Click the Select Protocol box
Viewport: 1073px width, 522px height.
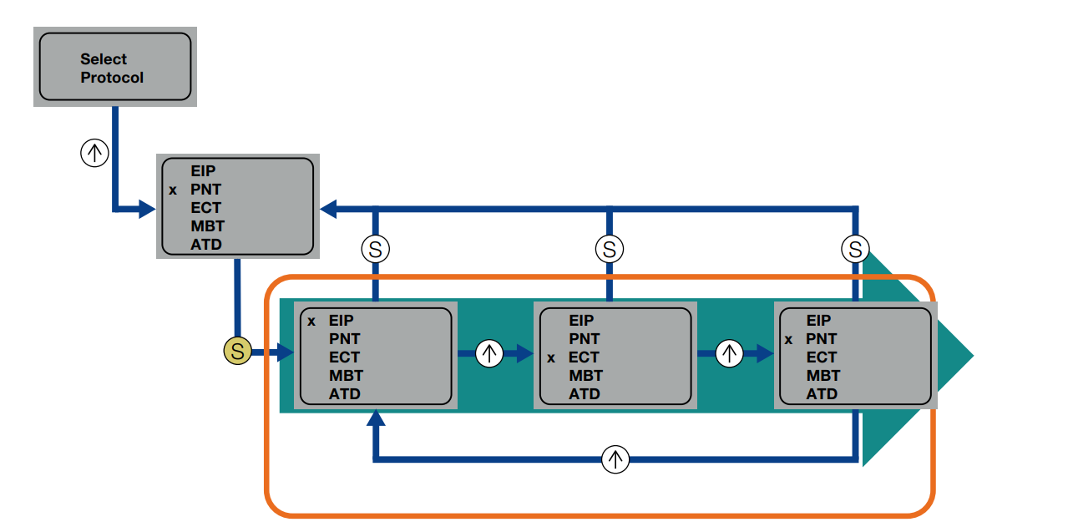pyautogui.click(x=114, y=67)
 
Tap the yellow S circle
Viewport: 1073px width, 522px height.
pyautogui.click(x=237, y=352)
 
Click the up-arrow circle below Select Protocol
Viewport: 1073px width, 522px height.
pyautogui.click(x=94, y=153)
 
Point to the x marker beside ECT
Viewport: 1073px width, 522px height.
pyautogui.click(x=550, y=357)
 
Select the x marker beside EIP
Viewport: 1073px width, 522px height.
pyautogui.click(x=311, y=321)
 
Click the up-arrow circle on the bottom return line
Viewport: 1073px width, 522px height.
pyautogui.click(x=615, y=459)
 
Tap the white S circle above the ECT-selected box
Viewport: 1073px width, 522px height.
pyautogui.click(x=609, y=249)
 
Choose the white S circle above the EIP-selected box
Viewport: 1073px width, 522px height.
pyautogui.click(x=376, y=249)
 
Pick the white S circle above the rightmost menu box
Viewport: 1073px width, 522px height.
pyautogui.click(x=854, y=249)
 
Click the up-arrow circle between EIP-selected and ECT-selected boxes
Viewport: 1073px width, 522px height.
pyautogui.click(x=489, y=353)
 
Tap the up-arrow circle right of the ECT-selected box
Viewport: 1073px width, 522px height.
pyautogui.click(x=729, y=353)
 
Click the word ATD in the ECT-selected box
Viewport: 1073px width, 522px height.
pyautogui.click(x=585, y=394)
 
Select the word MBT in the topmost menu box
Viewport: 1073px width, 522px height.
pyautogui.click(x=207, y=226)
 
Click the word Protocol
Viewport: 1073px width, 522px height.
pyautogui.click(x=112, y=78)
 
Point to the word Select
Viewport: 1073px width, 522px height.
pyautogui.click(x=104, y=59)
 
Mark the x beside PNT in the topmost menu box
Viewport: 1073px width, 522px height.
pyautogui.click(x=173, y=190)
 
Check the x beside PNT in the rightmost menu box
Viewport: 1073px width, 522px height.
pyautogui.click(x=788, y=339)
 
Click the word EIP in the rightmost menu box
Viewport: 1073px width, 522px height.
pyautogui.click(x=818, y=321)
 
